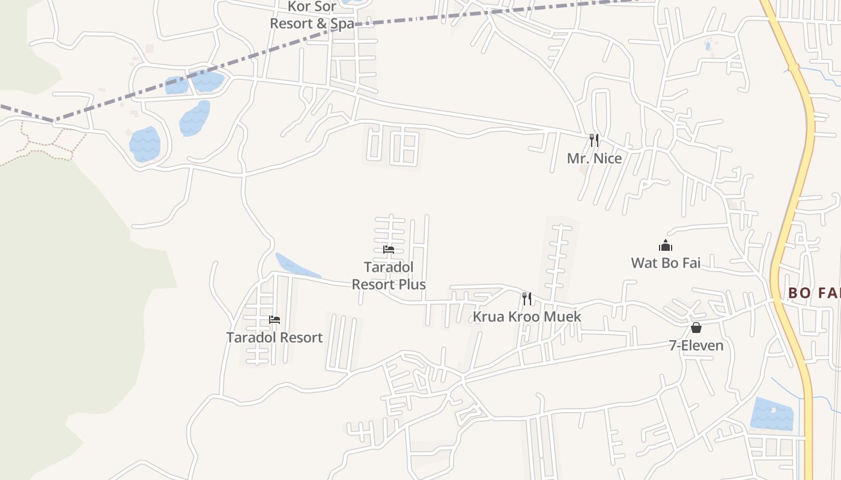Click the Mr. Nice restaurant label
click(x=594, y=158)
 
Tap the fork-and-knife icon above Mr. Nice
click(x=594, y=140)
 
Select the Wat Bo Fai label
click(x=666, y=262)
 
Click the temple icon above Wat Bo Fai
click(x=665, y=245)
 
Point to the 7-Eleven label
click(x=696, y=346)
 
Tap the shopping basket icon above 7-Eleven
click(x=696, y=328)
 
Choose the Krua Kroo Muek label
click(x=527, y=316)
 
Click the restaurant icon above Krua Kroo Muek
click(x=527, y=298)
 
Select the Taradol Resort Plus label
click(x=389, y=275)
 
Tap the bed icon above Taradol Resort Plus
click(x=389, y=249)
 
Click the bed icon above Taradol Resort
click(x=275, y=320)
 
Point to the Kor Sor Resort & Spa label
click(x=312, y=15)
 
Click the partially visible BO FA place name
click(x=813, y=293)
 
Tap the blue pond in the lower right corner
click(x=773, y=414)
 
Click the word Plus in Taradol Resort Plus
click(x=413, y=284)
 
